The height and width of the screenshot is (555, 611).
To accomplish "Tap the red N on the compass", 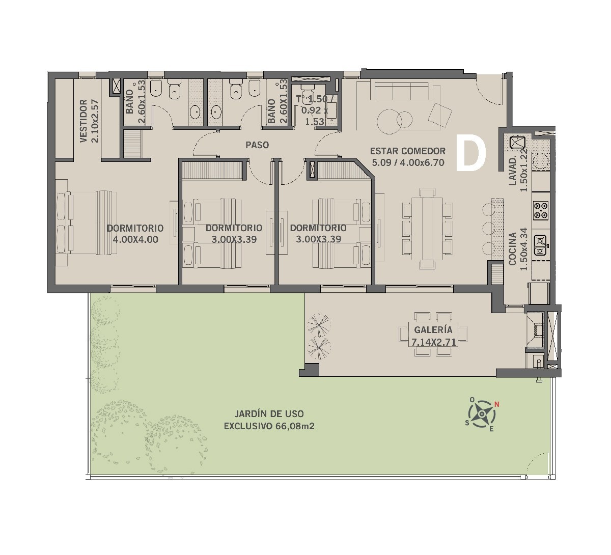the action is [x=497, y=404].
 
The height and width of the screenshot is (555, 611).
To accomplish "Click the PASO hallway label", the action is [x=257, y=145].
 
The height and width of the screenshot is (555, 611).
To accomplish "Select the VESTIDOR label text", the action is [x=83, y=121].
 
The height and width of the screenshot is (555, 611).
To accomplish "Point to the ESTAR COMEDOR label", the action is [x=408, y=151].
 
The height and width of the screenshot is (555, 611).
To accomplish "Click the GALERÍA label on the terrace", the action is [x=433, y=329].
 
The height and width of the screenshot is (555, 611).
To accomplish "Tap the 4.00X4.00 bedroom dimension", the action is [x=135, y=239].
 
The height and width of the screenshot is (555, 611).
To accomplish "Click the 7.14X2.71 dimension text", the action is [x=434, y=342].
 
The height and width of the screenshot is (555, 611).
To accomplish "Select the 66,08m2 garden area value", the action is [x=295, y=426].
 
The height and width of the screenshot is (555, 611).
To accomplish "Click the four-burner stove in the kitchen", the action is [x=541, y=210].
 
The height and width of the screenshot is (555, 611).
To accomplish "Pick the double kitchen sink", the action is [x=541, y=245].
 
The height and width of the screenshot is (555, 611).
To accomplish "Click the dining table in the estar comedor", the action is [x=427, y=229].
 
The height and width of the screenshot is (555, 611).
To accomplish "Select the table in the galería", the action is [x=433, y=334].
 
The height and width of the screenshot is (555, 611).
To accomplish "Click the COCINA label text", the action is [x=512, y=249].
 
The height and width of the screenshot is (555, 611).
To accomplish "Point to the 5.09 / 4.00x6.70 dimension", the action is [x=408, y=162].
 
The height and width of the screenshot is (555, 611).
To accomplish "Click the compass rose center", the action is [x=481, y=414].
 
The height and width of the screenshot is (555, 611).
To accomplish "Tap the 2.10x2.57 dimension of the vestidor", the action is [x=95, y=121].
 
